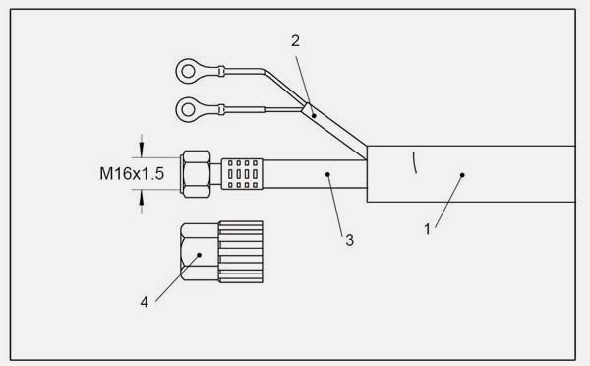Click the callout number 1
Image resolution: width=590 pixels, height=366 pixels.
(x=427, y=230)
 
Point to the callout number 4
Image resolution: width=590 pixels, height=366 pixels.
(x=145, y=302)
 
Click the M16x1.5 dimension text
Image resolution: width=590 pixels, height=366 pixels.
(x=130, y=174)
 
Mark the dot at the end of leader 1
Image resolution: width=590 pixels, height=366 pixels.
(x=462, y=175)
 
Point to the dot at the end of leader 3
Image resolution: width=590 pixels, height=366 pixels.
(x=326, y=174)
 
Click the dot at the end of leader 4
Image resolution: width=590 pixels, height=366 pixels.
(x=199, y=254)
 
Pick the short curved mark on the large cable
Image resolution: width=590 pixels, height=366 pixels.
(x=416, y=162)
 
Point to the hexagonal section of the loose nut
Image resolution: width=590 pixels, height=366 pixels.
(x=199, y=253)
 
